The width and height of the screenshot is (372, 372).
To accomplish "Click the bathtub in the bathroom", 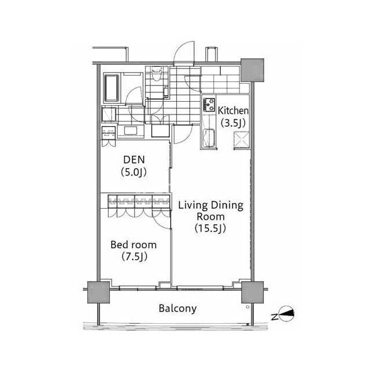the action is coord(112,88).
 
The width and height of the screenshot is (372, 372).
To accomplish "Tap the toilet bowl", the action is coord(156,74).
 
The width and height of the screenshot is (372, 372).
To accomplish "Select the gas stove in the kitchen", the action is coord(209,105).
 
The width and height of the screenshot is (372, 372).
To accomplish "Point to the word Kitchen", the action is coord(233,111).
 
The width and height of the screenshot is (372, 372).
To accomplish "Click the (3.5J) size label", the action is coord(233,123).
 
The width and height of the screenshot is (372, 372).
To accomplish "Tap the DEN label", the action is coord(134,160).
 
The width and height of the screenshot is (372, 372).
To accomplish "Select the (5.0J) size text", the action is coord(134,172).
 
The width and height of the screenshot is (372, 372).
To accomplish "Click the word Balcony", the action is coord(178,309).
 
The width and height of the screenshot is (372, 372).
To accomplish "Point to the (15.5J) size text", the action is coord(210,228).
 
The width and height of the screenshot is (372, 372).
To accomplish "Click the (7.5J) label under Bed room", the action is coord(134,256).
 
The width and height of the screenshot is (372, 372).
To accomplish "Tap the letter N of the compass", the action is coord(274,317).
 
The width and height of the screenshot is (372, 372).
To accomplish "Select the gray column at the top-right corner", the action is coord(252,70).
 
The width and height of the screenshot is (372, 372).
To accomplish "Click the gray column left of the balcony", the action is coord(98,292).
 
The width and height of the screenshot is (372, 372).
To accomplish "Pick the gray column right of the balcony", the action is coord(253,292).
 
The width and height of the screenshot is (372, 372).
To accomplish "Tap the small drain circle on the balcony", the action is coord(248,306).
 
